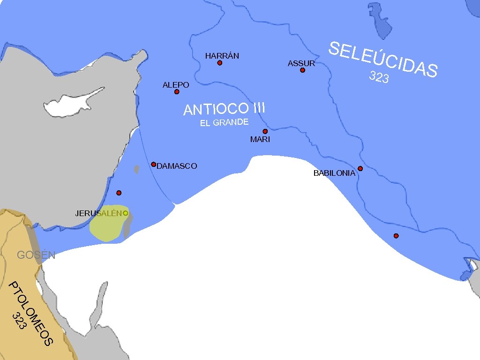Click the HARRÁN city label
222,56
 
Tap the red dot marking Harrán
219,63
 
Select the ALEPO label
176,85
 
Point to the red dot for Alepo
177,92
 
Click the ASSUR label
301,63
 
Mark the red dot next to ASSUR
302,70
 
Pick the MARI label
260,139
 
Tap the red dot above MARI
265,131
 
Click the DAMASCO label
177,166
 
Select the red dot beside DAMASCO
153,165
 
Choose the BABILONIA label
334,173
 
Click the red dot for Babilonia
360,169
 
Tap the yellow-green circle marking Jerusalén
126,213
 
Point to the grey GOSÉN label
36,255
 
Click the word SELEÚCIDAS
383,59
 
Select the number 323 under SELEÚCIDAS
379,77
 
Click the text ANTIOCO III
225,109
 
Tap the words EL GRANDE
224,123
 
